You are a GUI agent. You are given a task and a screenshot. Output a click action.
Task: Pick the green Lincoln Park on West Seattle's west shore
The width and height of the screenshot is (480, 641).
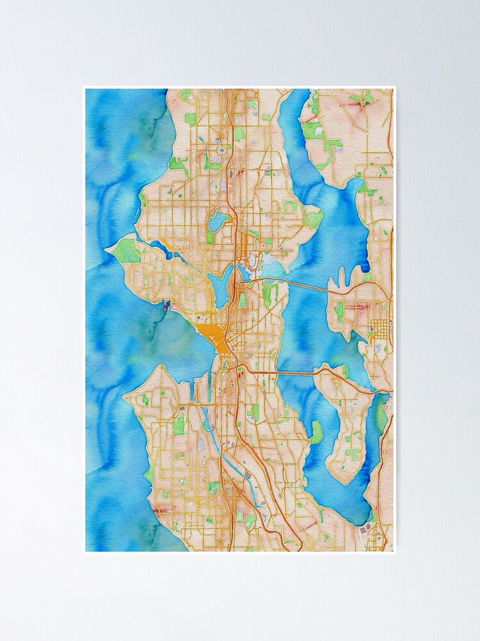click(148, 474)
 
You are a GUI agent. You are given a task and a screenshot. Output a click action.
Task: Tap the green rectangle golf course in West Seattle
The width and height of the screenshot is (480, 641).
click(179, 425)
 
